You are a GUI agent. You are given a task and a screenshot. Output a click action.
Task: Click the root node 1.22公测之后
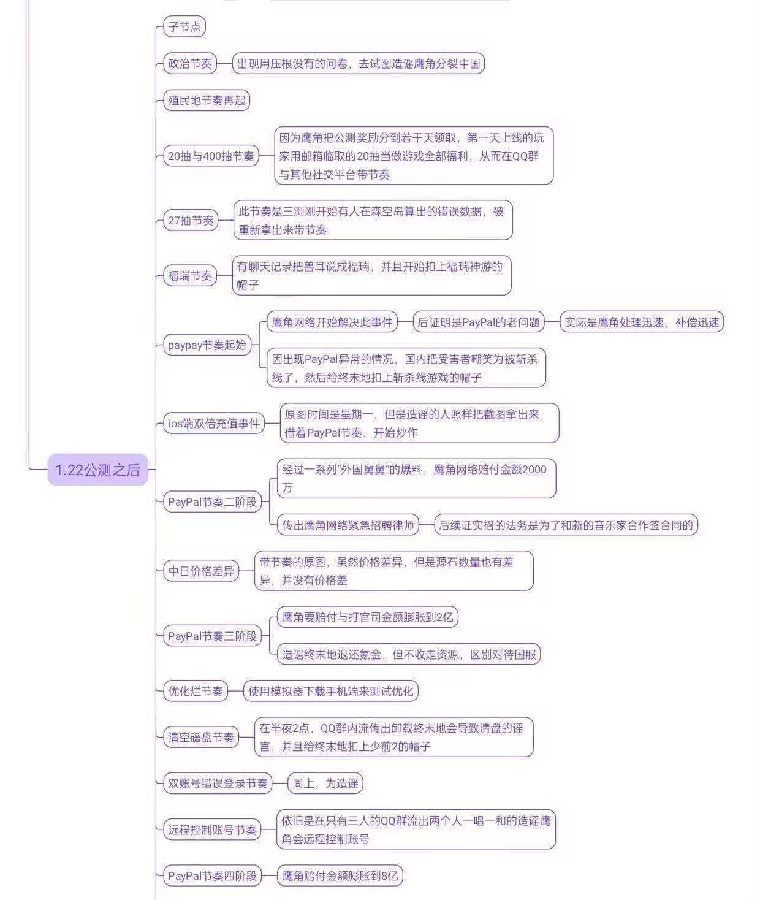tap(97, 470)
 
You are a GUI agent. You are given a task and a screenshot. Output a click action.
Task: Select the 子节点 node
tap(184, 26)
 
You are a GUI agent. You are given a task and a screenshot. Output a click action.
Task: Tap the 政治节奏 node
tap(190, 63)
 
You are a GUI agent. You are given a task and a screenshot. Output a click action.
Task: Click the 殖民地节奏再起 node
tap(207, 100)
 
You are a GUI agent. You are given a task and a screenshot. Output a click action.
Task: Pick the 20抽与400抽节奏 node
tap(211, 156)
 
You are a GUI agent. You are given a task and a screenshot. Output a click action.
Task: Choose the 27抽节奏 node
tap(191, 220)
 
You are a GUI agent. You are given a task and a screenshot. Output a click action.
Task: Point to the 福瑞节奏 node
tap(190, 275)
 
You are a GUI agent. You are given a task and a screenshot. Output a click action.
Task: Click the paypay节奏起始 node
tap(207, 345)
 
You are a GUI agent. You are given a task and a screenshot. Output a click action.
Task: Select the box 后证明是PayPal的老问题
tap(479, 322)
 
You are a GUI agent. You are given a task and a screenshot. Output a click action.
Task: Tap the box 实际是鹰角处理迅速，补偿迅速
tap(642, 322)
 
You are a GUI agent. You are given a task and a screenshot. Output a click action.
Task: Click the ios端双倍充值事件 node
tap(214, 423)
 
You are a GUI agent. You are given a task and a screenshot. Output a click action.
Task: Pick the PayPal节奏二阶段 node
tap(212, 501)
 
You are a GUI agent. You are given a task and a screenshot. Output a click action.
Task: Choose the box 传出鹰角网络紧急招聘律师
tap(348, 525)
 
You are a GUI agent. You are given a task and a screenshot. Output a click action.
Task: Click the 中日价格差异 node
tap(201, 571)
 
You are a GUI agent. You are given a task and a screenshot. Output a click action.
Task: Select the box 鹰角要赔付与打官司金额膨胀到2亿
tap(367, 617)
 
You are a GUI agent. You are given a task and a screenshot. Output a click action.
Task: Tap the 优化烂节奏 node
tap(196, 691)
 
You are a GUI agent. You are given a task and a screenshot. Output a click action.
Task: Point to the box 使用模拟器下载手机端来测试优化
tap(330, 691)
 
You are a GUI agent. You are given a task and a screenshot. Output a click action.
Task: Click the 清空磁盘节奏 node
tap(201, 737)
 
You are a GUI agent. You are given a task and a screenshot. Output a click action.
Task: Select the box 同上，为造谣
tap(325, 783)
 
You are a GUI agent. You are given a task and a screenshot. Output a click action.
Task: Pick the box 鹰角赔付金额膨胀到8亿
tap(340, 875)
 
